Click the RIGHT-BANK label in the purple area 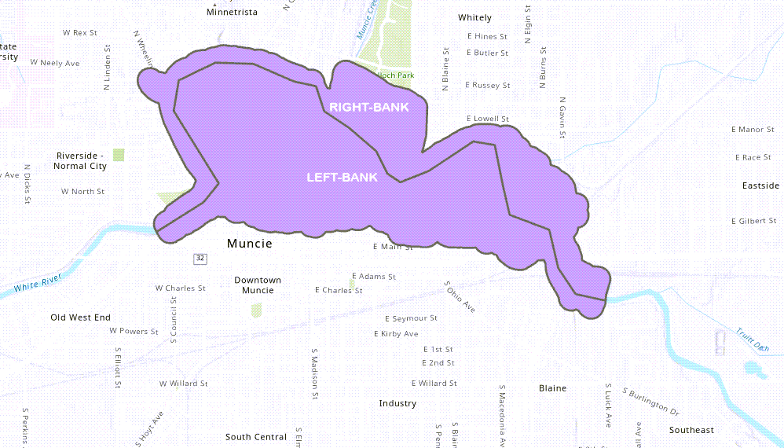tap(369, 107)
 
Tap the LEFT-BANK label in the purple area tap(342, 178)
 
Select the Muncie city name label tap(249, 244)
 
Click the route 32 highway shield tap(201, 258)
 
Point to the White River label tap(37, 283)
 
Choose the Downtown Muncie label tap(258, 285)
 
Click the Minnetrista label tap(232, 13)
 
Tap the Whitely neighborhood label tap(474, 17)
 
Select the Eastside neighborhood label tap(760, 185)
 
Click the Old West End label tap(80, 318)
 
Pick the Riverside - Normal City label tap(80, 161)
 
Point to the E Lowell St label tap(488, 119)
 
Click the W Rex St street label tap(79, 33)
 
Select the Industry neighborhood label tap(397, 403)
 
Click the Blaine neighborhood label tap(552, 388)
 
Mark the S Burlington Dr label tap(650, 401)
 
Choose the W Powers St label tap(134, 331)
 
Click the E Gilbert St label tap(753, 221)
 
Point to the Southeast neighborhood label tap(691, 430)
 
